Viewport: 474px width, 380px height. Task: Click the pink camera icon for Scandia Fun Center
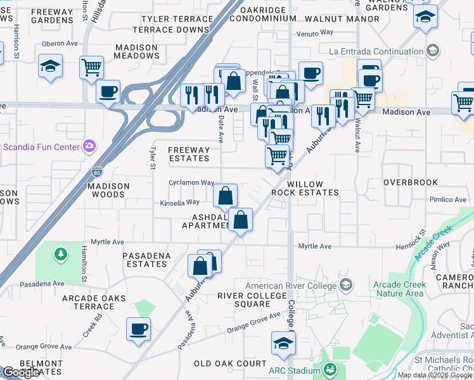point(89,146)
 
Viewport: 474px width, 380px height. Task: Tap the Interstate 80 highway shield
point(96,172)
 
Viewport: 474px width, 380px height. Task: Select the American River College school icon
point(345,286)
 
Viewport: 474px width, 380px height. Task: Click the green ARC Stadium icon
point(329,369)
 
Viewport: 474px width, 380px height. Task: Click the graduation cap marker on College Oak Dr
point(283,344)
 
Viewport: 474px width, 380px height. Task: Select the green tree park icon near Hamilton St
point(61,255)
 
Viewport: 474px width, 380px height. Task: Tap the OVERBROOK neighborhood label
point(411,182)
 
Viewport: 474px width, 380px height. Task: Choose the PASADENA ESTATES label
point(153,259)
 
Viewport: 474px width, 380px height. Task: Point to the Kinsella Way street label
point(180,202)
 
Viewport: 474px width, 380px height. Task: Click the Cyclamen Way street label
point(191,182)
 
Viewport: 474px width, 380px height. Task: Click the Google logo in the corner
point(21,372)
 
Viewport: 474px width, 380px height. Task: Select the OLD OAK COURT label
point(230,364)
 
